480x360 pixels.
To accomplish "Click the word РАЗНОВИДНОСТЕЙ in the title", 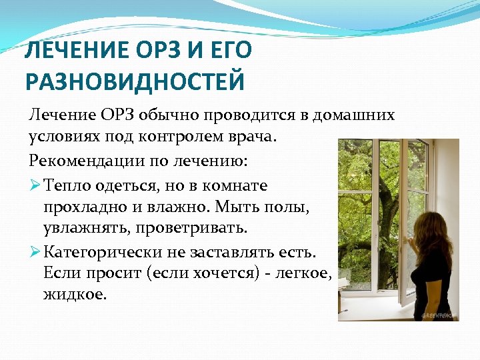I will tap(135, 81).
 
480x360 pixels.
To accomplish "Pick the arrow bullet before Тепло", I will tap(35, 185).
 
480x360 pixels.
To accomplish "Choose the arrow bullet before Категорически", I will tap(35, 253).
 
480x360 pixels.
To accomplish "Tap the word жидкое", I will tap(73, 294).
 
